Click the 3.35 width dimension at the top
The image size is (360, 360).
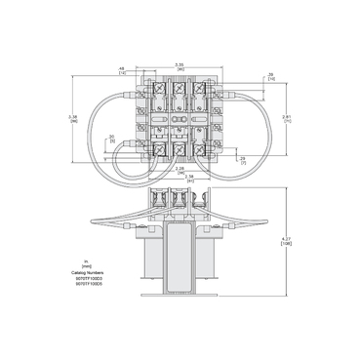tap(179, 64)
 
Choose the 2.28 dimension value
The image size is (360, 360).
tap(179, 169)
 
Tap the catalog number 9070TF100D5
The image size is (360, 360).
tap(87, 284)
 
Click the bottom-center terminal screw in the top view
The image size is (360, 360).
tap(180, 148)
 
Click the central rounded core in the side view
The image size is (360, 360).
tap(180, 248)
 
